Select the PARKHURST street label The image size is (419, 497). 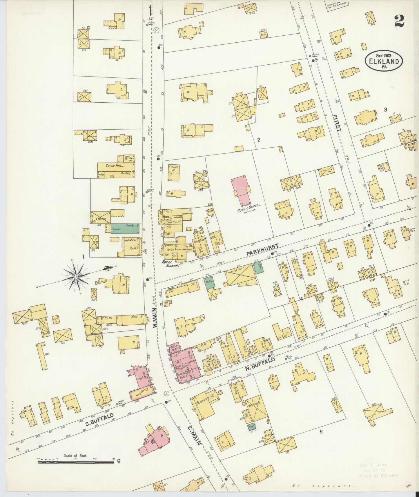(262, 250)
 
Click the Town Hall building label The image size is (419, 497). (115, 166)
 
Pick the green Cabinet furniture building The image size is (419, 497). (125, 228)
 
